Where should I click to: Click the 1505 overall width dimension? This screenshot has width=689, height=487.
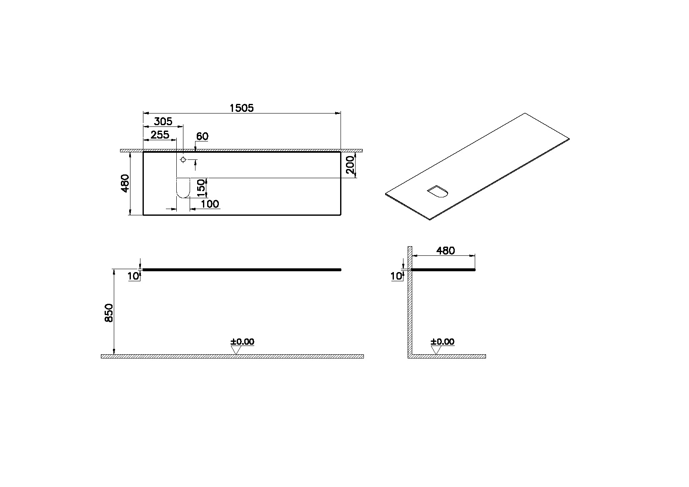coord(242,108)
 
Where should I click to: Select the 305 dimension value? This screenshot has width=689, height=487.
coord(163,121)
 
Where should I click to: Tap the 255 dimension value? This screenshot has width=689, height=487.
coord(160,135)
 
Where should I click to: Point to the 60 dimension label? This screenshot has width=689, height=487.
coord(202,136)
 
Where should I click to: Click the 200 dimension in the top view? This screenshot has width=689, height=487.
coord(351,165)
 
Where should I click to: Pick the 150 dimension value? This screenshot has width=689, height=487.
coord(200,188)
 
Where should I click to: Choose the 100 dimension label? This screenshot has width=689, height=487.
coord(210,204)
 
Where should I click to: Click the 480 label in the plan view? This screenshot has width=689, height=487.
coord(125,183)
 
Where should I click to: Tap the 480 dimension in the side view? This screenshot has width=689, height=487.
coord(446,251)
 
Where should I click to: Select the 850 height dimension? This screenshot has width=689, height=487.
coord(109,313)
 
